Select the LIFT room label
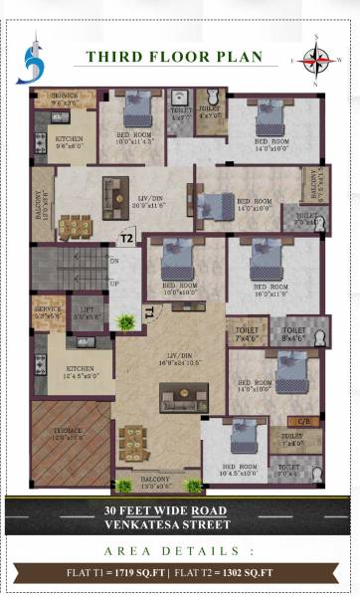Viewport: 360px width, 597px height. pos(87,312)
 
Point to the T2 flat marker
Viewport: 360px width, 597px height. pos(126,239)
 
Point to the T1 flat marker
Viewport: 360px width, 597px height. pos(148,311)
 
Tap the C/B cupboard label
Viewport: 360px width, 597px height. pos(304,420)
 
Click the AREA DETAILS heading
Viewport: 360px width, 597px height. pos(180,549)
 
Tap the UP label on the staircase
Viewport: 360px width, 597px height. pos(113,284)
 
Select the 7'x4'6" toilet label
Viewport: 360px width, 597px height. pos(245,335)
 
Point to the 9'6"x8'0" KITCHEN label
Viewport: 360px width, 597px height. pos(68,142)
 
